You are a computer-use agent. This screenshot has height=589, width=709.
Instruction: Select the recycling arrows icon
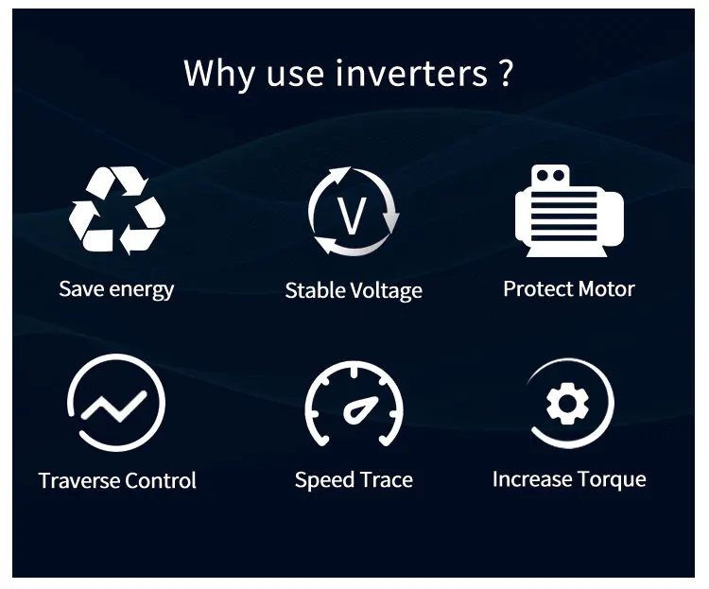(117, 212)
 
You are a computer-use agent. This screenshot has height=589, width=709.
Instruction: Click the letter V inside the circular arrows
(353, 216)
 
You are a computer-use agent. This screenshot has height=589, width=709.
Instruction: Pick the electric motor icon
(568, 214)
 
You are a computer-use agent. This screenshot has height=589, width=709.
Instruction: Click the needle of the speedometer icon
(358, 411)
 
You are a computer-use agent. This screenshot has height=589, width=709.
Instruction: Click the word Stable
(316, 290)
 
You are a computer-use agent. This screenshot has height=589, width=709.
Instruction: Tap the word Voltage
(386, 291)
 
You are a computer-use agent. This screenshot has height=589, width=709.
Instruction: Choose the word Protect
(537, 288)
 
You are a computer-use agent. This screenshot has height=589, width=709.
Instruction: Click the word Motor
(606, 288)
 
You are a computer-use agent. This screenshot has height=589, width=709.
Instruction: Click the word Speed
(323, 480)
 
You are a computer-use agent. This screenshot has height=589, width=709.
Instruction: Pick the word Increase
(530, 479)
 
